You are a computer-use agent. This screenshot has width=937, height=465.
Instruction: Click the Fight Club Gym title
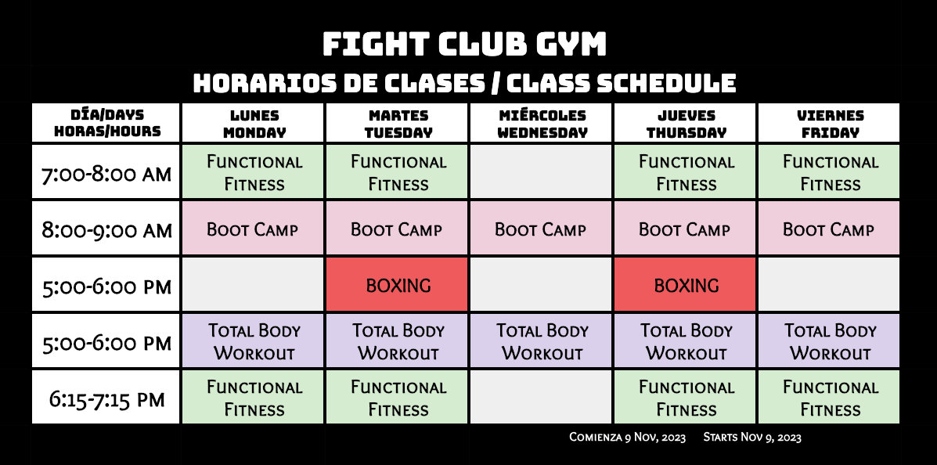[x=464, y=44]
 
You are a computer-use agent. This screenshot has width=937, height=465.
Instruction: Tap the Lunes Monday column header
[x=254, y=123]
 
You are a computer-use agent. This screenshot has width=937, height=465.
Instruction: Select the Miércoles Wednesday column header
[x=542, y=123]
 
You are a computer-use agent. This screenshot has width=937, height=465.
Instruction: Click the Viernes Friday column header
[x=830, y=123]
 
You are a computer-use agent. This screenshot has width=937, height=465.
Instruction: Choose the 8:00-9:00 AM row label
[x=106, y=229]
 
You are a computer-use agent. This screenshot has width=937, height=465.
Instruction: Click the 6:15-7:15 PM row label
[x=106, y=398]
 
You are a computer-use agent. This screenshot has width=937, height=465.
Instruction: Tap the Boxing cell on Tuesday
[x=398, y=284]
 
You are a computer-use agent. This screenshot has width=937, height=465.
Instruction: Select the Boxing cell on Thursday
[x=686, y=284]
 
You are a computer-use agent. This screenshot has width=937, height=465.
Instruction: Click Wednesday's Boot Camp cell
[x=542, y=229]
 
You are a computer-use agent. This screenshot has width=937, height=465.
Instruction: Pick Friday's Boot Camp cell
[x=830, y=229]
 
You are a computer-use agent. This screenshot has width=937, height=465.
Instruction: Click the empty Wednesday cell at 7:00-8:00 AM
[x=542, y=172]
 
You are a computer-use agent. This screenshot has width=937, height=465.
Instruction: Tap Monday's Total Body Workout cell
[x=254, y=341]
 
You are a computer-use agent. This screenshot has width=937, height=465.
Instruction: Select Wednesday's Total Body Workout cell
[x=542, y=341]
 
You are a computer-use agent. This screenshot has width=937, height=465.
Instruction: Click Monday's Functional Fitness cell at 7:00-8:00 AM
[x=254, y=172]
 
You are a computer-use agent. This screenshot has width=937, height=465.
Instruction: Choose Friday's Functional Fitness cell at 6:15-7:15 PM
[x=830, y=398]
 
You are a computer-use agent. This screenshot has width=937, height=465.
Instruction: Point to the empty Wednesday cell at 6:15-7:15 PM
[x=542, y=398]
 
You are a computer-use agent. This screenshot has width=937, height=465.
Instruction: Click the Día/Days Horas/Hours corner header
[x=106, y=123]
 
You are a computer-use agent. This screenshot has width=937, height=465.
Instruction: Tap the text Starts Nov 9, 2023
[x=751, y=437]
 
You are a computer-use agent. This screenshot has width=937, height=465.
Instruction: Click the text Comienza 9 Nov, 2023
[x=628, y=437]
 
